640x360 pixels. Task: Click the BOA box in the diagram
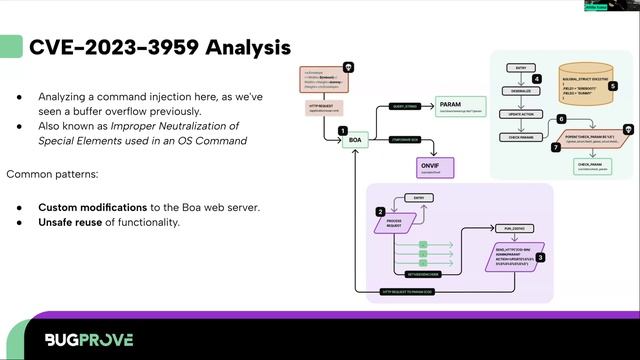(x=353, y=141)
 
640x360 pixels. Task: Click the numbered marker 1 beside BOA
(x=342, y=130)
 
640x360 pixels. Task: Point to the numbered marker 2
(x=380, y=211)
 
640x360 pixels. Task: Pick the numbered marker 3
(x=541, y=258)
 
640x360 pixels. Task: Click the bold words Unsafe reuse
(x=72, y=222)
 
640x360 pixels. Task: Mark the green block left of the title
(x=11, y=47)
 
